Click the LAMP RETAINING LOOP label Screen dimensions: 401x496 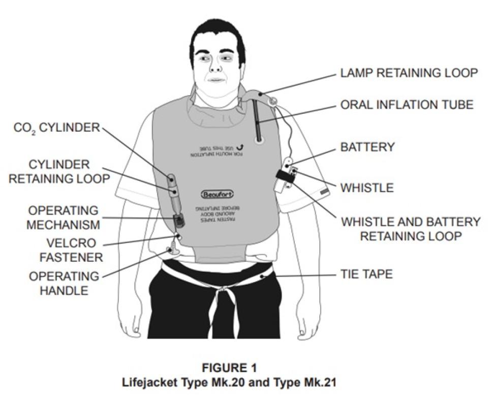(x=409, y=73)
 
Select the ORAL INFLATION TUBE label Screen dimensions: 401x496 (x=407, y=105)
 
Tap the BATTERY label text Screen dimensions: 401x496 (x=367, y=147)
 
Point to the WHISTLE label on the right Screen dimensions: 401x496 (x=367, y=188)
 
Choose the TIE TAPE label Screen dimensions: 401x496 (x=366, y=274)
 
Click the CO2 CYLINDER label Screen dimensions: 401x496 (x=56, y=128)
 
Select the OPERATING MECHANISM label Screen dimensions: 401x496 (x=63, y=217)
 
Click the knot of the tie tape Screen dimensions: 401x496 (x=222, y=290)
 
